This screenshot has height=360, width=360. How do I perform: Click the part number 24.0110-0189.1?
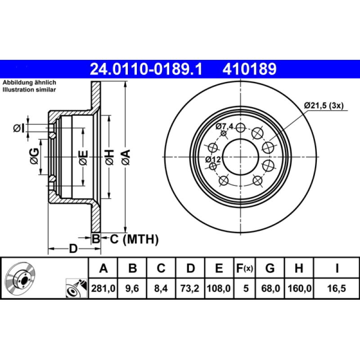(x=147, y=69)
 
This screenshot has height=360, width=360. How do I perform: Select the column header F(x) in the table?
(x=245, y=269)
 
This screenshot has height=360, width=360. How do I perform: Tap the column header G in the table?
(x=270, y=269)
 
